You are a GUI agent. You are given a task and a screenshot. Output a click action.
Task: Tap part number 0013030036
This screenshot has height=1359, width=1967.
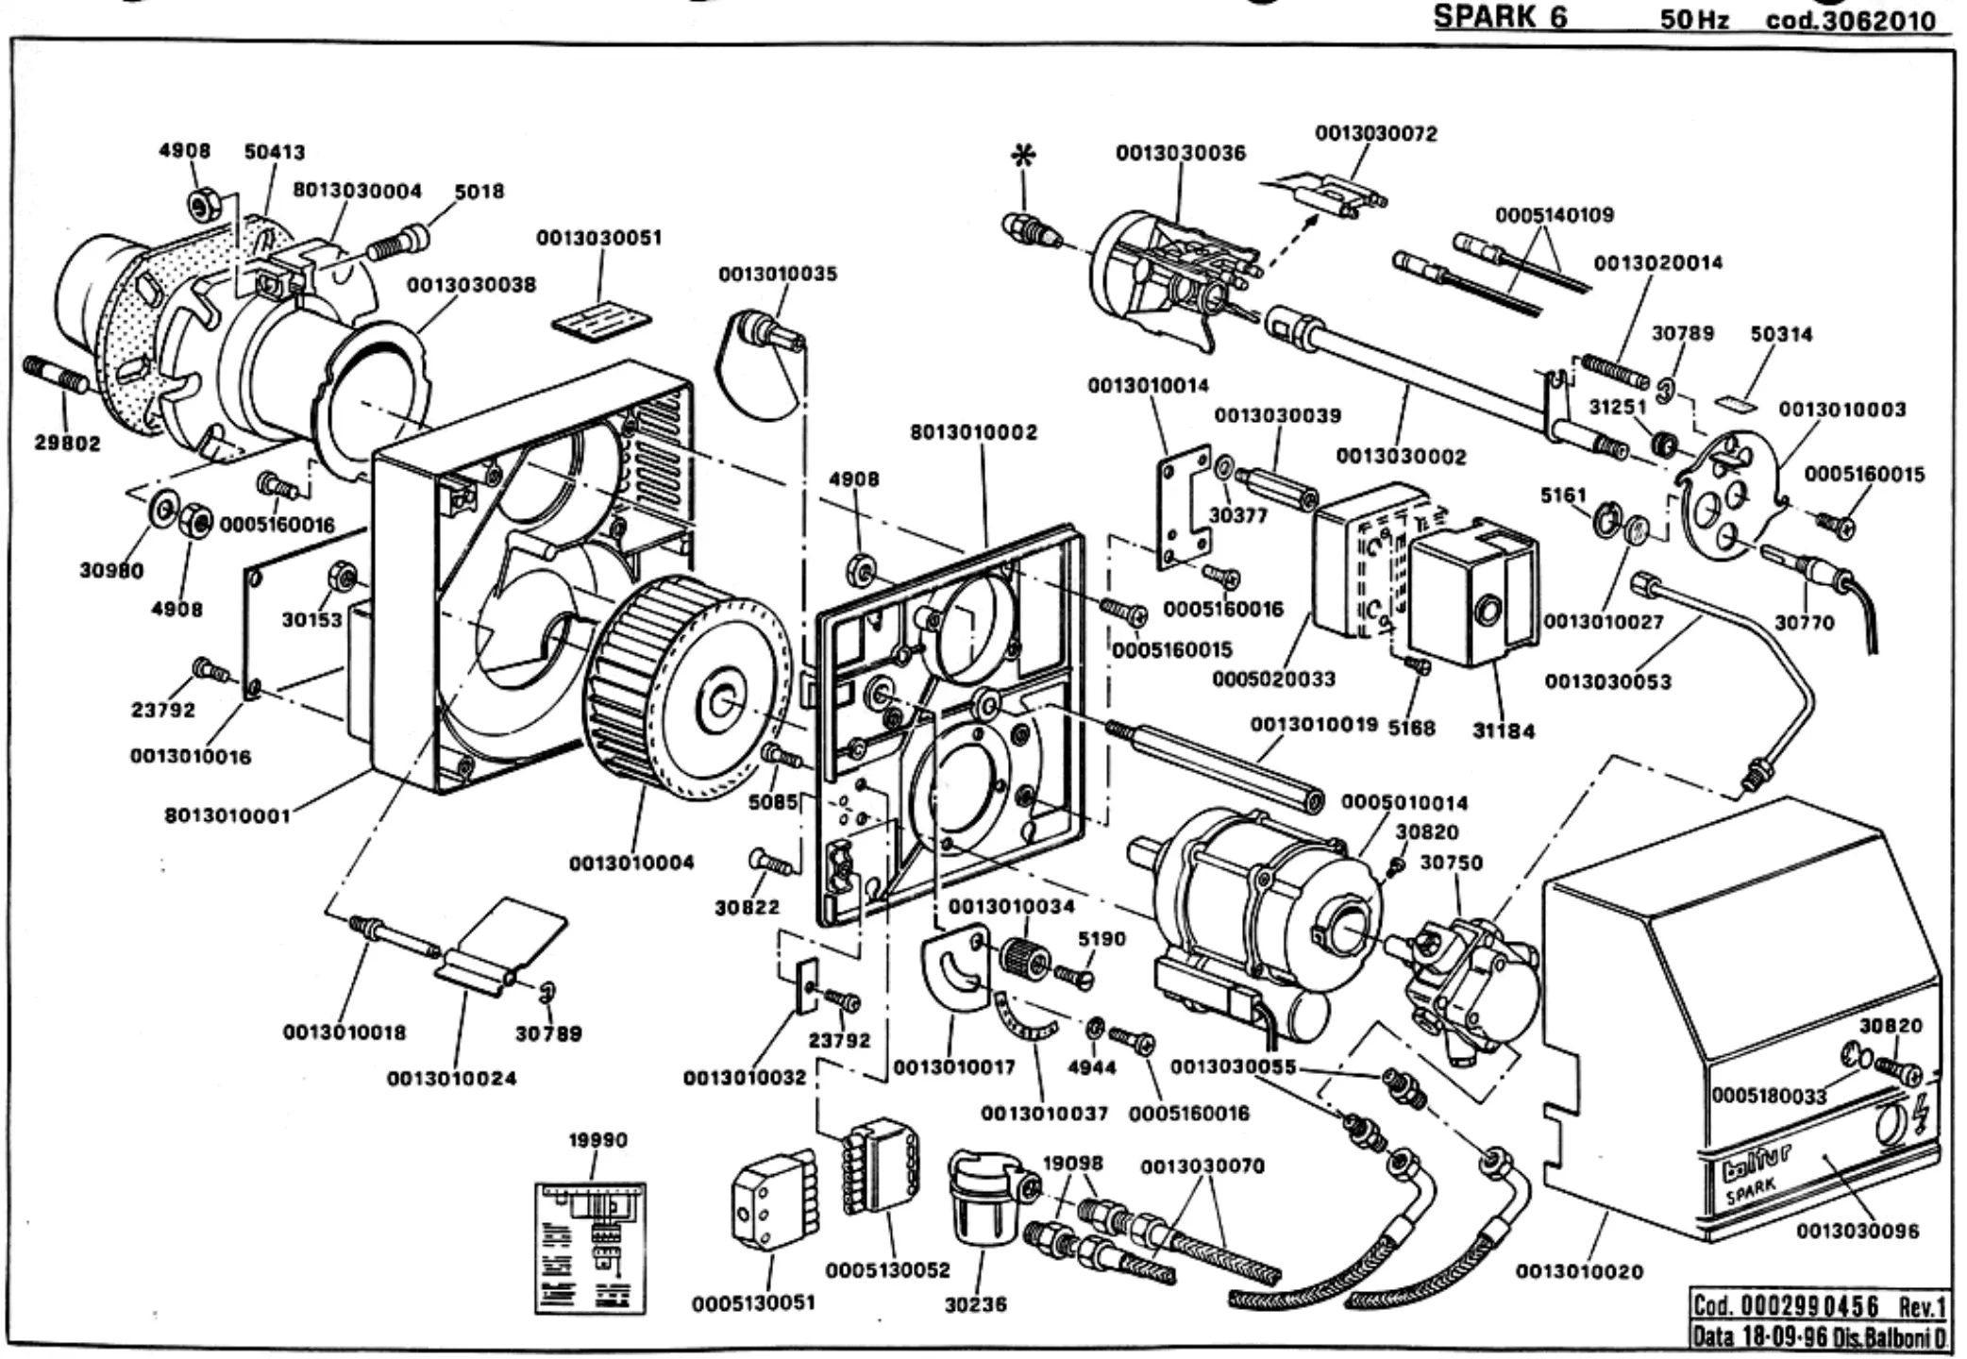pos(1180,153)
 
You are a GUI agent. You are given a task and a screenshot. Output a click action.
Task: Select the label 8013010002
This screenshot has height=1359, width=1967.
pos(973,432)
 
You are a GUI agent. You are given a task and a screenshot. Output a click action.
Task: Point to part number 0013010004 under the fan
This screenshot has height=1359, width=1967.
pos(631,863)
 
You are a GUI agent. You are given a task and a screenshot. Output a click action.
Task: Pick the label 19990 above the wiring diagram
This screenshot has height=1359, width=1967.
pos(597,1140)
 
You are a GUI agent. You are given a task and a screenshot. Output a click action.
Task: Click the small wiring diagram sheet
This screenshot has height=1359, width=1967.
pos(591,1248)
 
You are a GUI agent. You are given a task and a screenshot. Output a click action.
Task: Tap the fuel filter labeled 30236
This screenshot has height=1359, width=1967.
pos(987,1199)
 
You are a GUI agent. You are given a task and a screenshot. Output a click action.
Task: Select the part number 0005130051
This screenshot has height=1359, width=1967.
pos(753,1303)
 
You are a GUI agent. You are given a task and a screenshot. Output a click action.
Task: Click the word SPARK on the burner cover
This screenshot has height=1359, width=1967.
pos(1751,1191)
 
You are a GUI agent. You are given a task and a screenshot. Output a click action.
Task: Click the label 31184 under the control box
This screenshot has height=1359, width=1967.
pos(1504,730)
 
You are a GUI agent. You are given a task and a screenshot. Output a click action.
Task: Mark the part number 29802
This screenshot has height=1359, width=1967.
pos(68,444)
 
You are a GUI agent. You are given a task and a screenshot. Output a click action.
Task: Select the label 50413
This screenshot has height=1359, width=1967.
pos(275,152)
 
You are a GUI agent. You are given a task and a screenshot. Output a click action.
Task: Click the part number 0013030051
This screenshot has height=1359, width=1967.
pos(599,238)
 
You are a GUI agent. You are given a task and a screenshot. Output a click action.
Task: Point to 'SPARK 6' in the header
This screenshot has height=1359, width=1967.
pos(1501,18)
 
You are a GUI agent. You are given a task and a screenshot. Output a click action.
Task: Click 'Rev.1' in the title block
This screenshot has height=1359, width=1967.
pos(1923,1307)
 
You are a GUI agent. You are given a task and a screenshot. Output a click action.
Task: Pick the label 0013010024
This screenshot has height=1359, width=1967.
pos(452,1078)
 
